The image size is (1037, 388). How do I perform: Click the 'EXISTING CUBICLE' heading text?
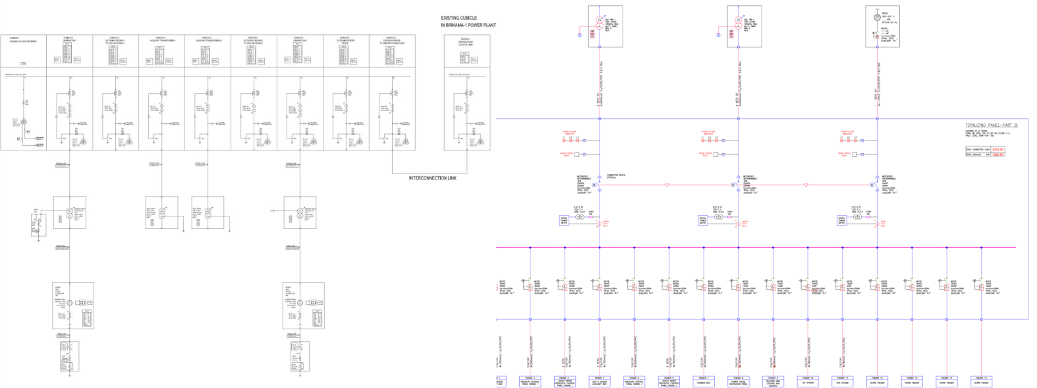459,18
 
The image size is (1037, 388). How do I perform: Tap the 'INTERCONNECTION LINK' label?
432,178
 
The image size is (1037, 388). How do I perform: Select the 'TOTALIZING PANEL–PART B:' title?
992,125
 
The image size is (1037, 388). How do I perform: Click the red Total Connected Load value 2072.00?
997,150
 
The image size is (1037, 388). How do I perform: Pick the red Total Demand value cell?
997,154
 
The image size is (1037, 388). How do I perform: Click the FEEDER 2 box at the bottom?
530,381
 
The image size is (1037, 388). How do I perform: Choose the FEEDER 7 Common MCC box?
704,381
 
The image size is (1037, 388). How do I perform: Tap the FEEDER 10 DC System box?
808,381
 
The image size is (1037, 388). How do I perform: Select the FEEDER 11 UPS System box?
843,381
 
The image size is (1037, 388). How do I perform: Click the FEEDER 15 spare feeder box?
982,381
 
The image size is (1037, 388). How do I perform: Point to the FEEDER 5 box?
634,381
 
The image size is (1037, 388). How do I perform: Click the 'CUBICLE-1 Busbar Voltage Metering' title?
23,40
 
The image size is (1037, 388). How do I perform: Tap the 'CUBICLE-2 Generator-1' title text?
69,40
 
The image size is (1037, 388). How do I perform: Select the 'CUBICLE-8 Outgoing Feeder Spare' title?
345,40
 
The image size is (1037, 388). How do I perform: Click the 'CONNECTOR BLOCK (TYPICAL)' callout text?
615,176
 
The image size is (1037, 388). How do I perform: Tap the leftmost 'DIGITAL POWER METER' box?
564,220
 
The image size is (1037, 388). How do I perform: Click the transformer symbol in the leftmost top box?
600,20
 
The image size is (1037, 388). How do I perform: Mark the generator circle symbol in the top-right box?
877,17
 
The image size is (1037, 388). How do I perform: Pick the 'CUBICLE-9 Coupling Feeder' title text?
391,40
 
